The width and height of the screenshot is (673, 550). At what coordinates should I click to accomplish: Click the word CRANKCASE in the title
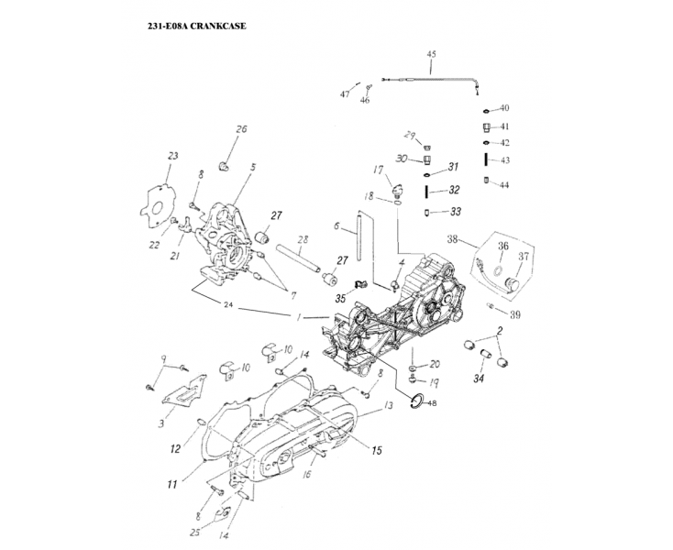coord(215,26)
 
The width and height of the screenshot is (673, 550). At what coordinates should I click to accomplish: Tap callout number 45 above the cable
coord(432,55)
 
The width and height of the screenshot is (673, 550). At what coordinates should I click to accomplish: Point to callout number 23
coord(171,156)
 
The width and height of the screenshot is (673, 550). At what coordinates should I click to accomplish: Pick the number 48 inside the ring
coord(432,402)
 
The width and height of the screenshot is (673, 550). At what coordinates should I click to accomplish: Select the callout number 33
coord(456,212)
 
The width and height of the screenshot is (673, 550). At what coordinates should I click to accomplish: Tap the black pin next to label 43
coord(487,159)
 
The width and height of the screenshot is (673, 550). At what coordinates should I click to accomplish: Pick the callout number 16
coord(308,476)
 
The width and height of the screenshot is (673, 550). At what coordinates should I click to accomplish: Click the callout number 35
coord(340,298)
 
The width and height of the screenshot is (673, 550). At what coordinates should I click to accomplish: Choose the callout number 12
coord(175,448)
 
